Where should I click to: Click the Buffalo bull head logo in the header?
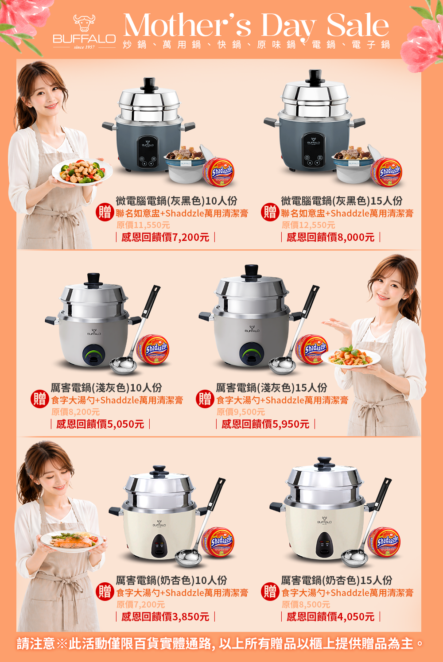[84, 23]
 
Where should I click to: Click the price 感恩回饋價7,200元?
[165, 237]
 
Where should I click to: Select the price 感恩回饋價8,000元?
[330, 237]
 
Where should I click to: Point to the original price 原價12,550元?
[308, 225]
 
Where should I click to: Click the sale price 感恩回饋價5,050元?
[100, 424]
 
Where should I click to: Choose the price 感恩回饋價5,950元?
[265, 424]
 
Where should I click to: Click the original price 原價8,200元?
[75, 412]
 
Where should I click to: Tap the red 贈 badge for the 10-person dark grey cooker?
[105, 212]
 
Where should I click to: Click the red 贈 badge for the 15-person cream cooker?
[270, 592]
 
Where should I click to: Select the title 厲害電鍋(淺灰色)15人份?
[272, 387]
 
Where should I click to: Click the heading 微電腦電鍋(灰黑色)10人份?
[177, 201]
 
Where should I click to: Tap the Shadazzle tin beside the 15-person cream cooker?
[384, 542]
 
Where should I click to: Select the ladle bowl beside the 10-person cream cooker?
[188, 557]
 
